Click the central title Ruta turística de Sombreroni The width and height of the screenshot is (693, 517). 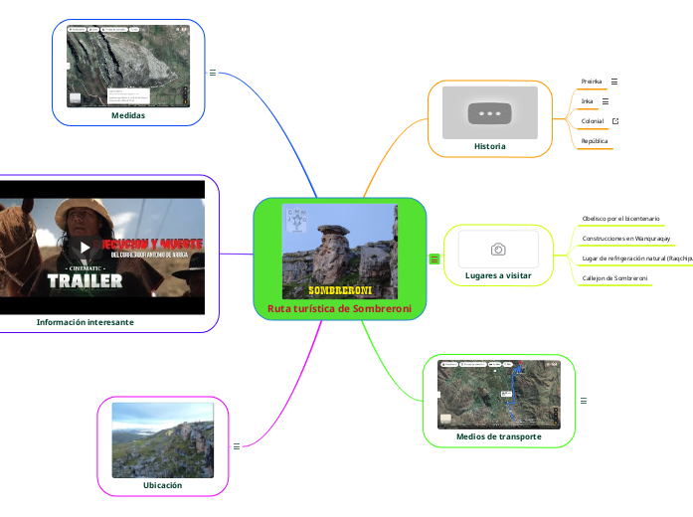tap(339, 308)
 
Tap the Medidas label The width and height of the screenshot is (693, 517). tap(128, 114)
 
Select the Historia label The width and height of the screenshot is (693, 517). tap(489, 146)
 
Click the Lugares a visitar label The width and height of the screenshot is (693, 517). tap(498, 274)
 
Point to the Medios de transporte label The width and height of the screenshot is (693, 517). tap(498, 435)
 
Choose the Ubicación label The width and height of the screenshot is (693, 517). tap(163, 484)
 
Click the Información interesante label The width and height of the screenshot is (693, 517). tap(85, 322)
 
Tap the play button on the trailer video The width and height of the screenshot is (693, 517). tap(86, 247)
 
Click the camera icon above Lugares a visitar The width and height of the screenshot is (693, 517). tap(498, 249)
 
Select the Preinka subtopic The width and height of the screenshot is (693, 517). tap(592, 82)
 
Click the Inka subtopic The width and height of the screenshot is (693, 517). tap(587, 101)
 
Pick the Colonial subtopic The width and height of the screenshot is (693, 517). tap(592, 121)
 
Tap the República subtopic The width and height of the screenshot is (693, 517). tap(595, 141)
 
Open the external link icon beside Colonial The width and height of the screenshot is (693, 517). tap(615, 121)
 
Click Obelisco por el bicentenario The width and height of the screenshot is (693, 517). tap(620, 218)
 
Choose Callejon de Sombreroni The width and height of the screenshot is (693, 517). tap(614, 277)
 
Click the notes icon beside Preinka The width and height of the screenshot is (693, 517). tap(614, 82)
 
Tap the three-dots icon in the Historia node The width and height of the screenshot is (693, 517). tap(489, 113)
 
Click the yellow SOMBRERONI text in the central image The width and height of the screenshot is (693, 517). tap(339, 290)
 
